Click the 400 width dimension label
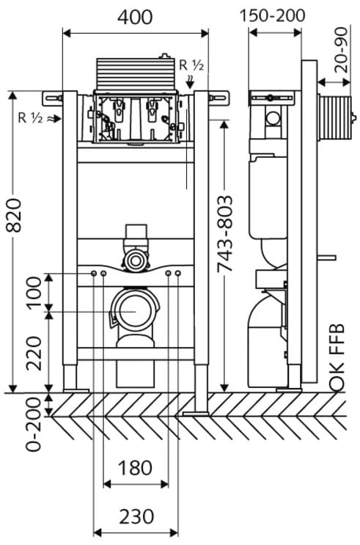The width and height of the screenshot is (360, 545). (135, 17)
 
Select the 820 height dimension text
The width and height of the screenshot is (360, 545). (15, 215)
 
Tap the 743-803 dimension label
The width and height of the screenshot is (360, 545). (224, 234)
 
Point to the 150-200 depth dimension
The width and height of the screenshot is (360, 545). (273, 15)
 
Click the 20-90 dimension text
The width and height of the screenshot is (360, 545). (342, 50)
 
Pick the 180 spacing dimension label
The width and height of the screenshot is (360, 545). (135, 468)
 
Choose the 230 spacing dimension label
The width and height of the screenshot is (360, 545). (136, 516)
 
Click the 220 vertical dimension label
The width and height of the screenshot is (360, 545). (34, 353)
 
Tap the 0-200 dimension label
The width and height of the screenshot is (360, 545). (34, 424)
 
